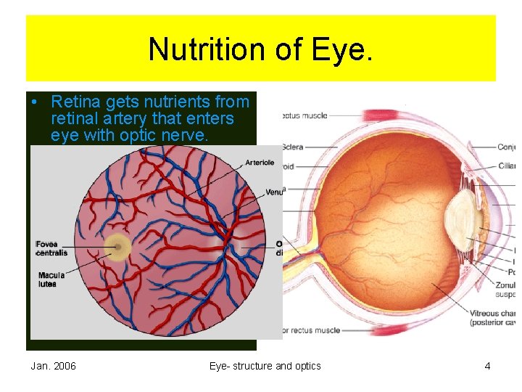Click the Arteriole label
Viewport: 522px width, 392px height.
click(x=260, y=163)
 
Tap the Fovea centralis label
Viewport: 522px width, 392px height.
click(x=52, y=248)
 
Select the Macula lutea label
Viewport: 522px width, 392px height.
click(x=51, y=279)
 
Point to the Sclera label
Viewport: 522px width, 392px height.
click(x=293, y=147)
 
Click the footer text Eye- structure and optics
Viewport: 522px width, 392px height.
click(x=265, y=366)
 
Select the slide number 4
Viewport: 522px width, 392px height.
click(x=487, y=366)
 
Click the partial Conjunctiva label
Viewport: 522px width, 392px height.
click(x=507, y=147)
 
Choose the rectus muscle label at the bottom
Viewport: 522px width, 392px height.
click(x=311, y=330)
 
